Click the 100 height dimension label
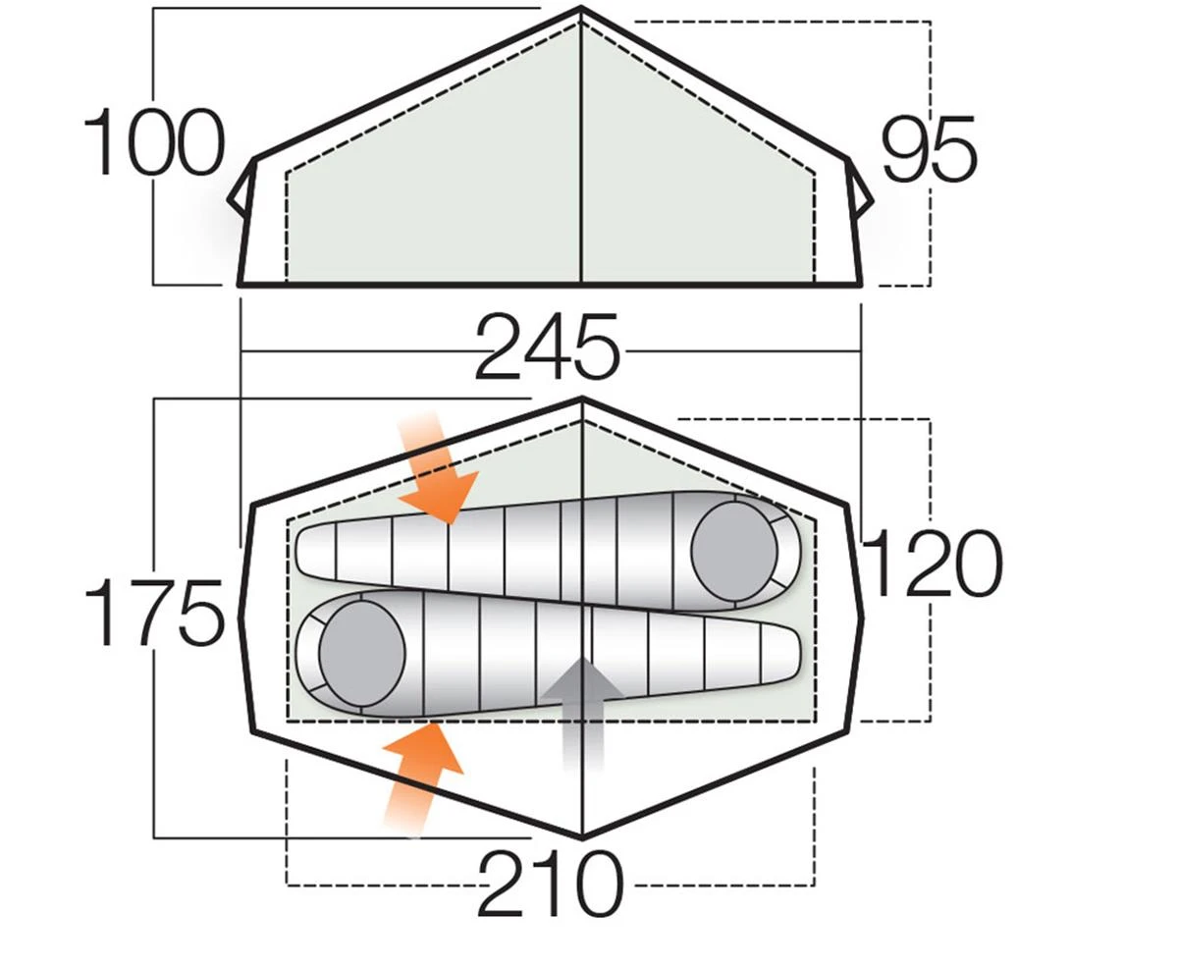pyautogui.click(x=154, y=142)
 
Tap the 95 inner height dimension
pyautogui.click(x=929, y=149)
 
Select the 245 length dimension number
pyautogui.click(x=547, y=347)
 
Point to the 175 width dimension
pyautogui.click(x=153, y=613)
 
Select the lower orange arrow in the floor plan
pyautogui.click(x=422, y=778)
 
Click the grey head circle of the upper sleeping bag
pyautogui.click(x=734, y=550)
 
